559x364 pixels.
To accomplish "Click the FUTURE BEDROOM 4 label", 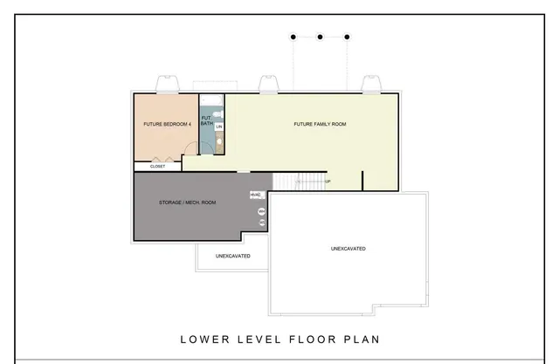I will [167, 124].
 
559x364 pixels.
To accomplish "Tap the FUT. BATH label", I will [207, 120].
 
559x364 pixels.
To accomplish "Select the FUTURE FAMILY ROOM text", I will [320, 124].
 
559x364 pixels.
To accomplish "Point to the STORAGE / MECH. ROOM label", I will [187, 203].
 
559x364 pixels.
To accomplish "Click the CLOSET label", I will [157, 166].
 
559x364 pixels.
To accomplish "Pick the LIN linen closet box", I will [220, 127].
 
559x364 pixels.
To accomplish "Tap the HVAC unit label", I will [256, 195].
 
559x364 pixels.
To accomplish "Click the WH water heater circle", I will [260, 211].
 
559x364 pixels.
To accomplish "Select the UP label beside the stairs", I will [328, 182].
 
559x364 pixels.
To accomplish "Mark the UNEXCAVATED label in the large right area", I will [348, 249].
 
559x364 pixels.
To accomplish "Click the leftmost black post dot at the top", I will [293, 37].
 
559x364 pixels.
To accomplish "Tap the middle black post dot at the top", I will [321, 37].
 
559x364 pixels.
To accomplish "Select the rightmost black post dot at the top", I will [348, 37].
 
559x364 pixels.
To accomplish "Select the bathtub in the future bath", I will [206, 140].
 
